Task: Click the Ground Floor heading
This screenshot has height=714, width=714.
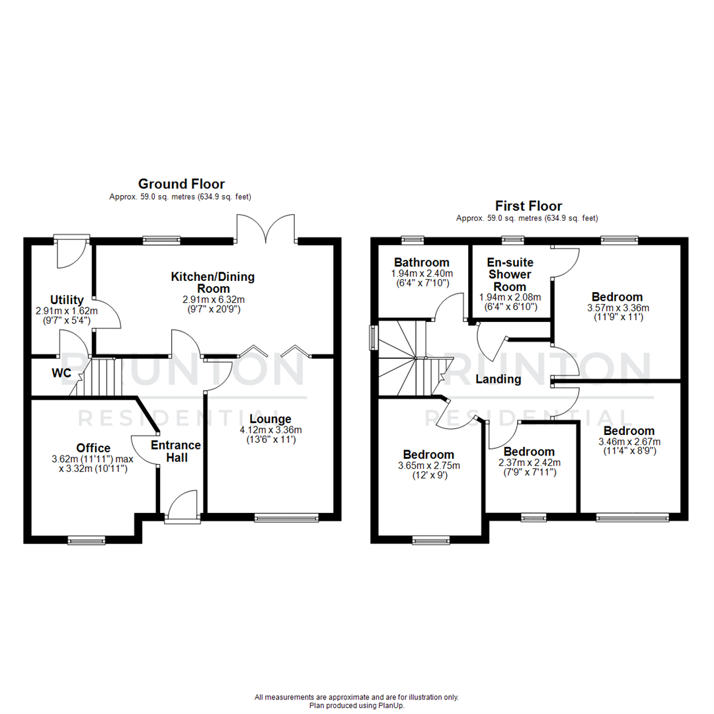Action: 180,184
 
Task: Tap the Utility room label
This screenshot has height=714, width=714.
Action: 66,300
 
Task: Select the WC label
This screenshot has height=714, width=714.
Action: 61,373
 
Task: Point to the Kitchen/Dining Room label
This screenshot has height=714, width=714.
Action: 212,282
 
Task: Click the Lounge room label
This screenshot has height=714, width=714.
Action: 270,419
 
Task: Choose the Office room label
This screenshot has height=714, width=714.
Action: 93,448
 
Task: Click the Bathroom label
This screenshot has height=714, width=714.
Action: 422,262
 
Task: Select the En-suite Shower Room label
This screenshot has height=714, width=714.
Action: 510,274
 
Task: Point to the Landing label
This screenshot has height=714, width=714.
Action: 498,379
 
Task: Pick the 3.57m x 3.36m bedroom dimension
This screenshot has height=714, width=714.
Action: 617,307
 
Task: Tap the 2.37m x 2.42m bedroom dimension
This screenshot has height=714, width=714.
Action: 529,463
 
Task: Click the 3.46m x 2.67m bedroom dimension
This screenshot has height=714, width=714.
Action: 629,442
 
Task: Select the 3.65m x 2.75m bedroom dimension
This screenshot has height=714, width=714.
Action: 428,465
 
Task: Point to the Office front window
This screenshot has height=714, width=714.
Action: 86,540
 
